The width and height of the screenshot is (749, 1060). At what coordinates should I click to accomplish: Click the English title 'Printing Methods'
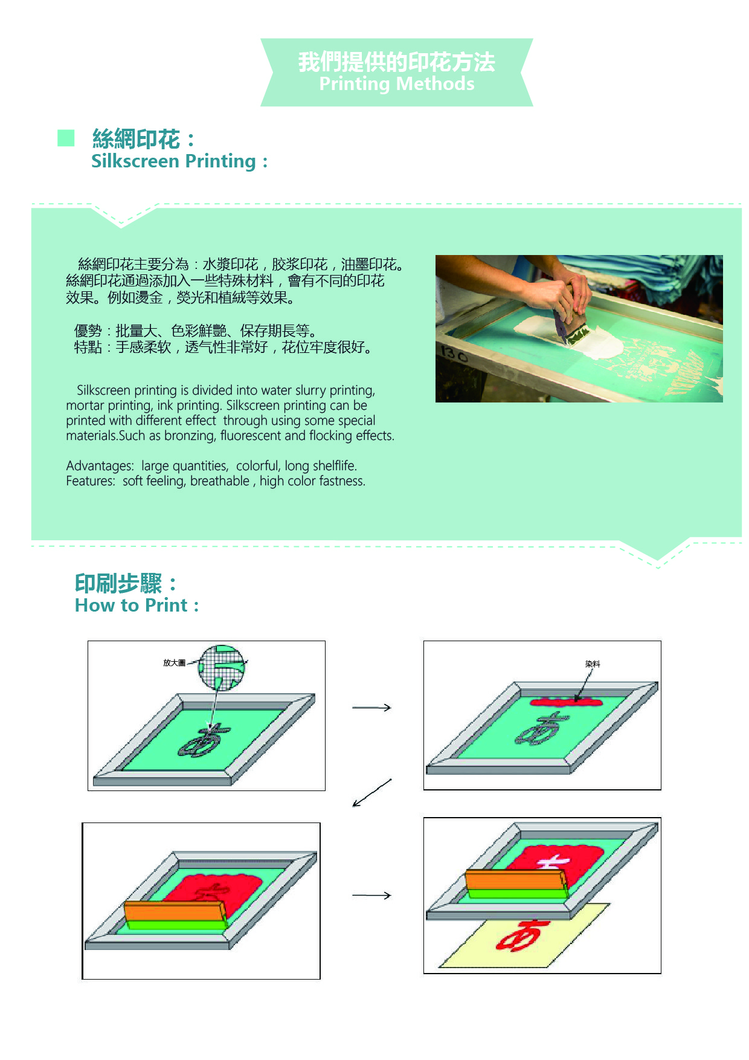(x=397, y=84)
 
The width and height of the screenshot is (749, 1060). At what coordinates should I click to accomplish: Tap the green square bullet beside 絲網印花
(x=66, y=138)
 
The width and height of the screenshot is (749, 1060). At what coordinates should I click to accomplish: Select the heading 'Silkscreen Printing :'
(x=179, y=161)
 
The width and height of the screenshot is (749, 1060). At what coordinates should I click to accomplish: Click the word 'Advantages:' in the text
(x=100, y=466)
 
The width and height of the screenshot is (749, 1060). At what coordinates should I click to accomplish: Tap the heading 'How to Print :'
(x=137, y=606)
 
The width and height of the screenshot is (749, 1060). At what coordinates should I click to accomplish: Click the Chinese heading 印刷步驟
(x=118, y=584)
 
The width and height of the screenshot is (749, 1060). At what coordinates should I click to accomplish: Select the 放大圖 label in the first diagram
(x=174, y=663)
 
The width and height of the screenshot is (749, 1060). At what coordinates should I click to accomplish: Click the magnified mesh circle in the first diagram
(x=222, y=668)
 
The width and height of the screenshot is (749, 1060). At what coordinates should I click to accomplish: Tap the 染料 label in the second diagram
(x=593, y=664)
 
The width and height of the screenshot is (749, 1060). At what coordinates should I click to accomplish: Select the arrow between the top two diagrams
(x=371, y=708)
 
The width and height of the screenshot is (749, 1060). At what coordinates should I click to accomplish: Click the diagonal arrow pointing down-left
(x=372, y=793)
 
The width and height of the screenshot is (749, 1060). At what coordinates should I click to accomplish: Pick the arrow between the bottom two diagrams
(x=371, y=896)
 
